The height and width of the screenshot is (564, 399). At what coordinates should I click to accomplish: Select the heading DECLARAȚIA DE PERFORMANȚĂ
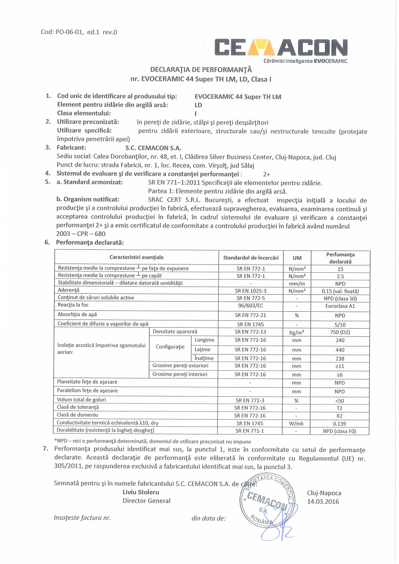click(x=201, y=69)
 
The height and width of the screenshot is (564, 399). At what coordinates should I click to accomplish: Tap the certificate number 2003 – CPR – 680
click(x=81, y=234)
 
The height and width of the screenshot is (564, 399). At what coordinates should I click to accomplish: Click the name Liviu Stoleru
click(x=141, y=492)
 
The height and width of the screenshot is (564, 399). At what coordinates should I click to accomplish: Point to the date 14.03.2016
click(x=323, y=502)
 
